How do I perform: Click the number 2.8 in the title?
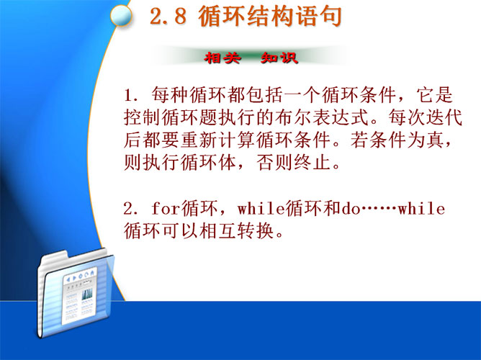(168, 17)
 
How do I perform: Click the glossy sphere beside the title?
(121, 16)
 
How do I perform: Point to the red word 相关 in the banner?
(222, 58)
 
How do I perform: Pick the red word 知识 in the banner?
(279, 58)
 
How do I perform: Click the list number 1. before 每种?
(130, 95)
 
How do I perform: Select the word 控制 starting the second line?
(143, 117)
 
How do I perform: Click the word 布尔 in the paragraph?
(294, 117)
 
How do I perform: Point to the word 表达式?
(341, 117)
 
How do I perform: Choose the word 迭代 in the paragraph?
(444, 117)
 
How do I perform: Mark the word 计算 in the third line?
(237, 140)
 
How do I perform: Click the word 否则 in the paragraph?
(274, 163)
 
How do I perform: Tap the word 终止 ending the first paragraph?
(313, 163)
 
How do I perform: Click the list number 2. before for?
(131, 209)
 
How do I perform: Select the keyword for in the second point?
(166, 208)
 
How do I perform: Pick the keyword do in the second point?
(351, 209)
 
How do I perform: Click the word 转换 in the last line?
(256, 230)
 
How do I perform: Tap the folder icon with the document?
(76, 294)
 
